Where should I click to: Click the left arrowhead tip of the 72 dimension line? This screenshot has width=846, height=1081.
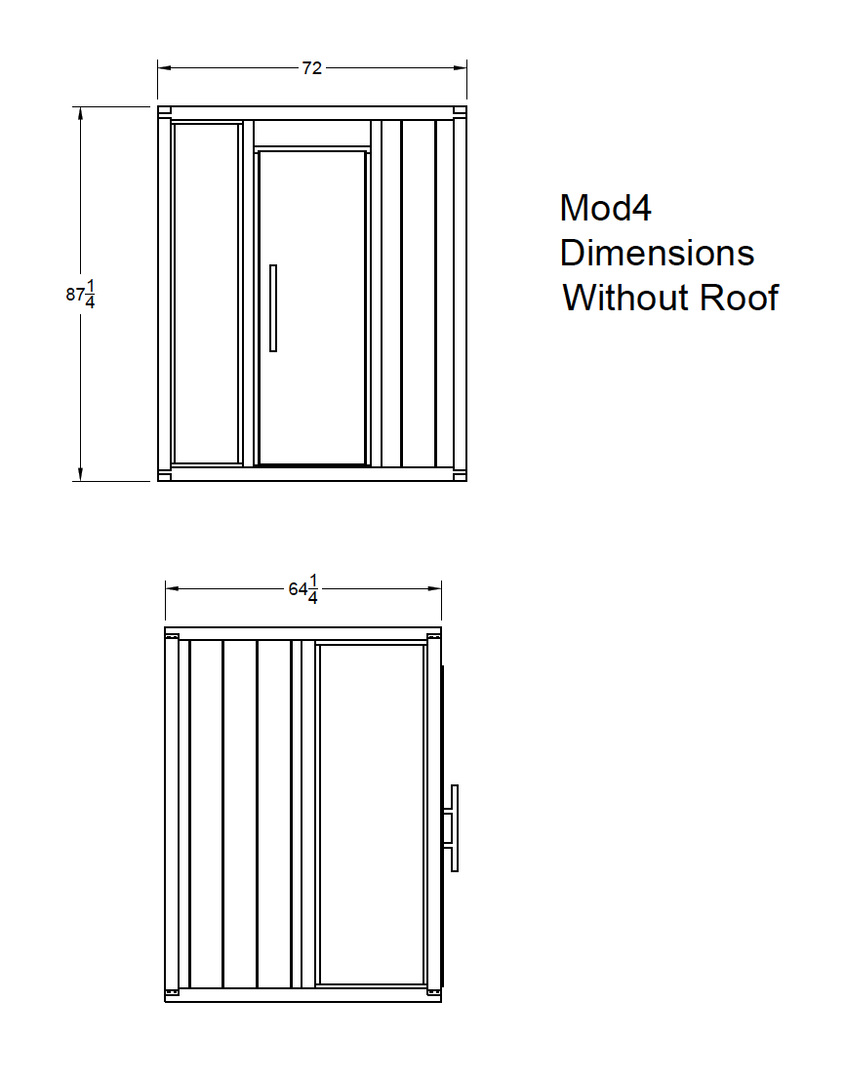pyautogui.click(x=158, y=67)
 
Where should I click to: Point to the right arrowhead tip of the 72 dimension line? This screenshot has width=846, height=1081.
pyautogui.click(x=466, y=67)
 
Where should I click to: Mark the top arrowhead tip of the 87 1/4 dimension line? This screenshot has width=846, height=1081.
pyautogui.click(x=81, y=107)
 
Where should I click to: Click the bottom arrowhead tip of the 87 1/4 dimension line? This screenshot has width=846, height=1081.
pyautogui.click(x=81, y=481)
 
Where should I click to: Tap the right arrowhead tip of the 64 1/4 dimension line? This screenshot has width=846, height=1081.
pyautogui.click(x=441, y=588)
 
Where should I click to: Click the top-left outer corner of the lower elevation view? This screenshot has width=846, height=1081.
pyautogui.click(x=165, y=627)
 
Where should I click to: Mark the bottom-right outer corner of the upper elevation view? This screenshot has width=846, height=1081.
pyautogui.click(x=466, y=481)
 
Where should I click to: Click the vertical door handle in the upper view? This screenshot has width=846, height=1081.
pyautogui.click(x=273, y=308)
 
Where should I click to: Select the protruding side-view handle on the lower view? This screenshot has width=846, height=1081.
pyautogui.click(x=451, y=828)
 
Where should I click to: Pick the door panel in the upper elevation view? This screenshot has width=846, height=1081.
pyautogui.click(x=311, y=308)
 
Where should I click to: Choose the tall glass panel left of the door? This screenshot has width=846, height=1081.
pyautogui.click(x=207, y=293)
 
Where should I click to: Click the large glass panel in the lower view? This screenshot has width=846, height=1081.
pyautogui.click(x=372, y=815)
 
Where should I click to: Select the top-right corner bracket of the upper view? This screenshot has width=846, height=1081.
pyautogui.click(x=460, y=111)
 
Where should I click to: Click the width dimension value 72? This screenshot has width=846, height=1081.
pyautogui.click(x=311, y=67)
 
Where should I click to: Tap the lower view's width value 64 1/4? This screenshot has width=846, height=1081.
pyautogui.click(x=304, y=589)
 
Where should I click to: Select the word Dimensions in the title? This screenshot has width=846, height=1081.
pyautogui.click(x=657, y=253)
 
